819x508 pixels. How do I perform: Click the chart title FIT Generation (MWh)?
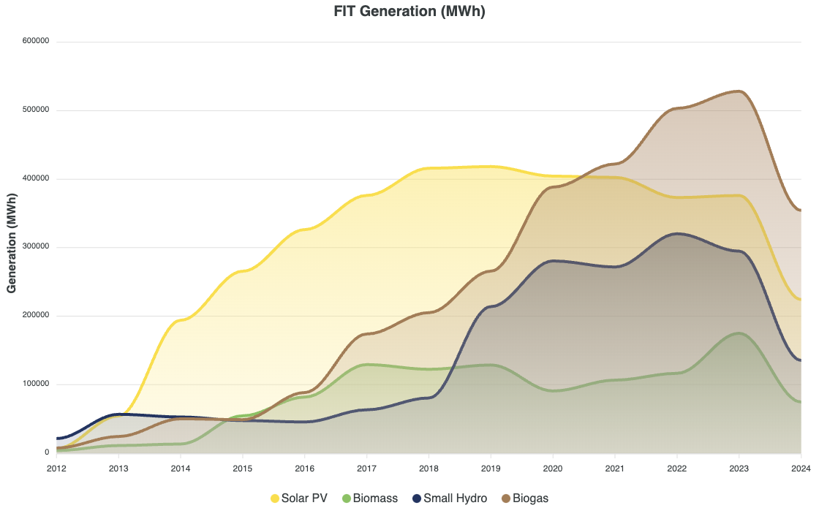click(409, 12)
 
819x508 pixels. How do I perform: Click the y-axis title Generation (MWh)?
click(12, 243)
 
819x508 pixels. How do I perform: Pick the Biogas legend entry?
click(524, 498)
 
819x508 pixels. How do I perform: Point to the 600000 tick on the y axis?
click(35, 42)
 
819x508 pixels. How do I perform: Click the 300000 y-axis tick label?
click(35, 247)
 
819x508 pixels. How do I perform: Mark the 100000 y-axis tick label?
click(35, 384)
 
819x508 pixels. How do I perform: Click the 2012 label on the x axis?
click(56, 468)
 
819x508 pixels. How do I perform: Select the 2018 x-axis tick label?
click(429, 468)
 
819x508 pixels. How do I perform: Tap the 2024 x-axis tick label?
click(801, 468)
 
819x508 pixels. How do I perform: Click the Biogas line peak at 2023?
click(739, 91)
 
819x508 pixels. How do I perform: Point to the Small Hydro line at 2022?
click(677, 233)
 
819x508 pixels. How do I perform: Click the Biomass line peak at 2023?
click(739, 333)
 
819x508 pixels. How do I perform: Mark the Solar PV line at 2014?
click(181, 319)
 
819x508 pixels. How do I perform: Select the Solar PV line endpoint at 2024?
click(801, 300)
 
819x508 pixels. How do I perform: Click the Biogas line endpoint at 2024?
click(801, 211)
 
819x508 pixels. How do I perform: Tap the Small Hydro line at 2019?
click(491, 306)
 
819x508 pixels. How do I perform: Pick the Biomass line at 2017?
click(366, 365)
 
